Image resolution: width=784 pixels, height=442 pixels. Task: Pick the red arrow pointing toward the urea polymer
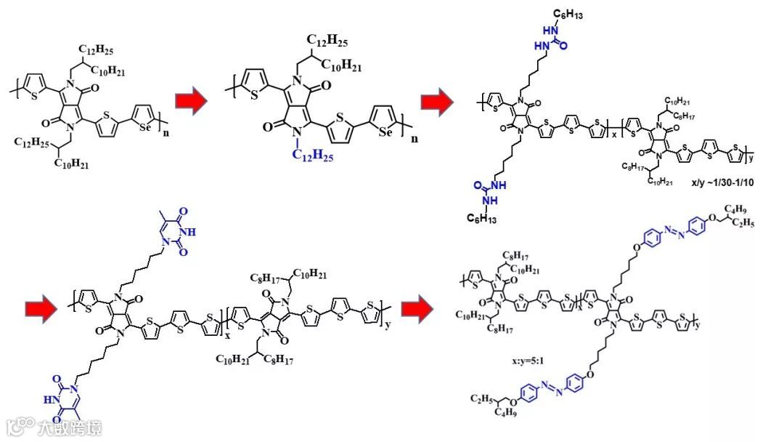pyautogui.click(x=437, y=103)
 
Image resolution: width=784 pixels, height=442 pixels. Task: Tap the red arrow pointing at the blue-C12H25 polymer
pyautogui.click(x=190, y=103)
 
